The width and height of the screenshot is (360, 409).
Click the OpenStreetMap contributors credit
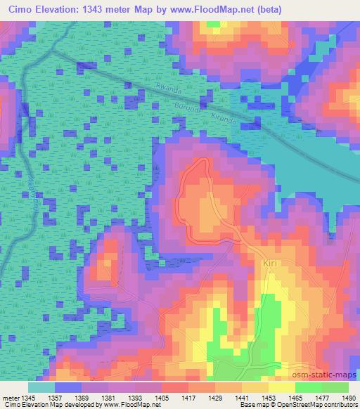pyautogui.click(x=314, y=405)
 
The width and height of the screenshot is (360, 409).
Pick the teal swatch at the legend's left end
pyautogui.click(x=41, y=387)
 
